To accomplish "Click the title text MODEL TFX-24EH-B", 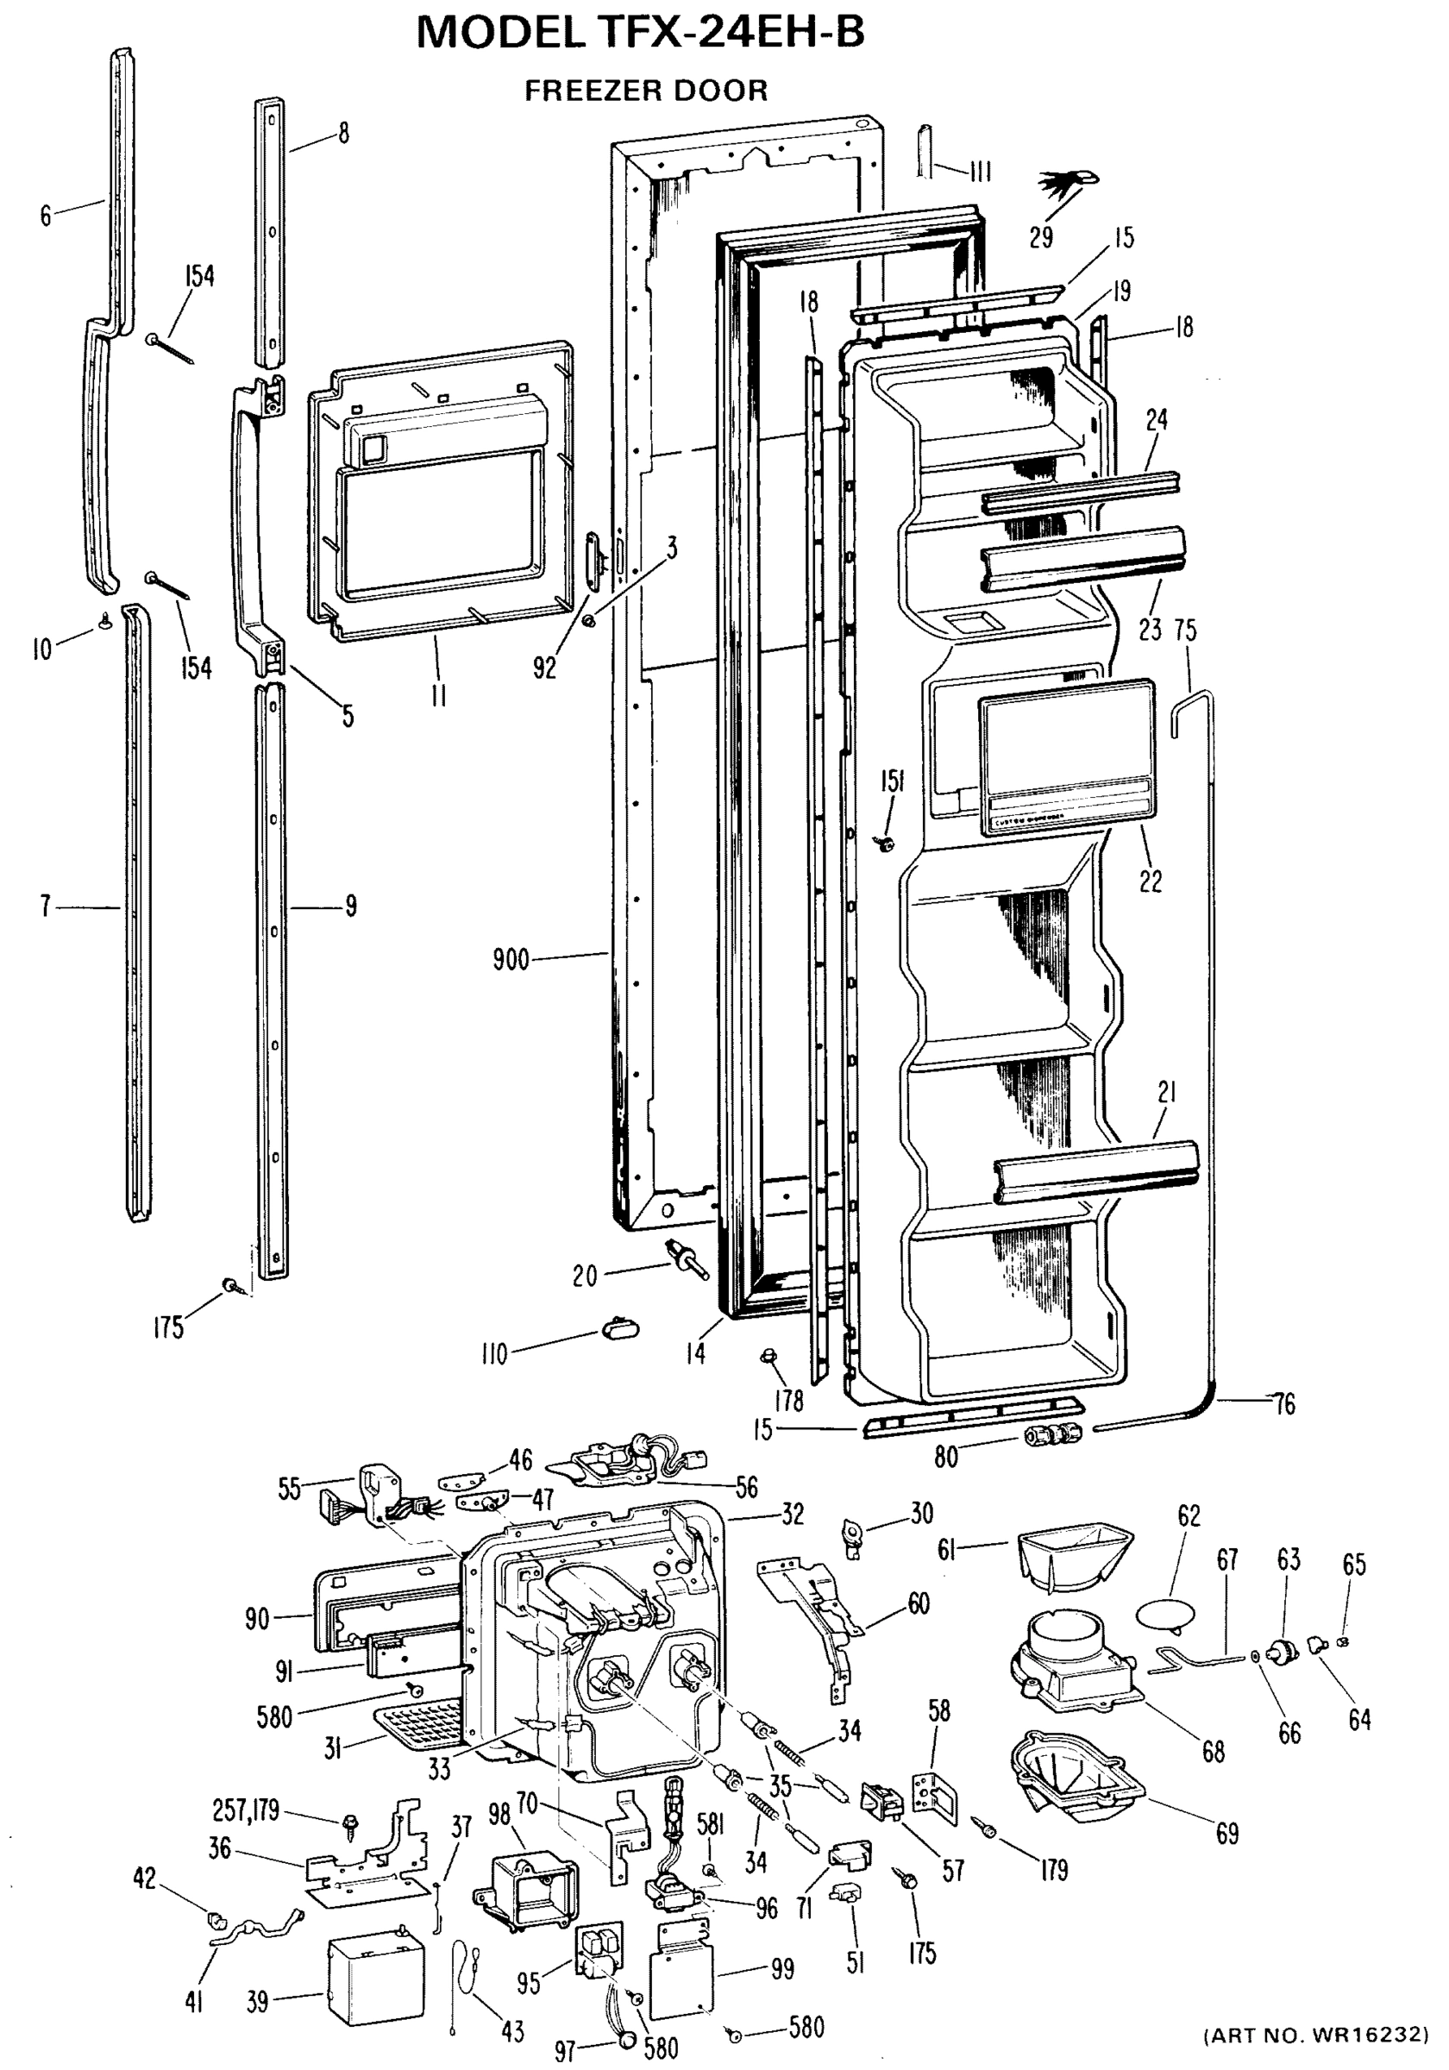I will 640,34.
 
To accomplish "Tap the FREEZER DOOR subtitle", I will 646,91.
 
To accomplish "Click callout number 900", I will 511,960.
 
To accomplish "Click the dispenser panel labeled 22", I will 1067,758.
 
